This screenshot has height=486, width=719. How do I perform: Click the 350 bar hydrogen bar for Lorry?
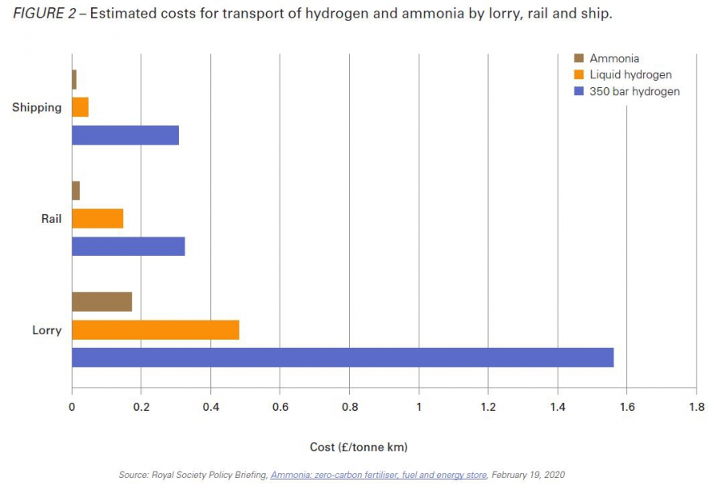tap(342, 357)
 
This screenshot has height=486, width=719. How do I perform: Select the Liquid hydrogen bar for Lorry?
tap(155, 329)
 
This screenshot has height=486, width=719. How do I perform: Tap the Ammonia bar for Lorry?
tap(101, 301)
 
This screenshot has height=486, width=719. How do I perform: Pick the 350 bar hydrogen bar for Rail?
tap(128, 246)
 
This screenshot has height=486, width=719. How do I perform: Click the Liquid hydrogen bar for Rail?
tap(97, 218)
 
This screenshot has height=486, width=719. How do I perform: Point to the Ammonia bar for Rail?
tap(76, 190)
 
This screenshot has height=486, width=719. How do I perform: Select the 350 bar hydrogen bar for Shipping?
tap(125, 135)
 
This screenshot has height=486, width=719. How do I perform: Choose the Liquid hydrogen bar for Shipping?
tap(80, 107)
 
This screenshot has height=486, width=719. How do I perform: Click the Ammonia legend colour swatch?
tap(579, 58)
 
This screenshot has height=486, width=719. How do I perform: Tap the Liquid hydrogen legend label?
tap(630, 75)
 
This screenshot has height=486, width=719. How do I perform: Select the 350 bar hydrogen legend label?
tap(634, 91)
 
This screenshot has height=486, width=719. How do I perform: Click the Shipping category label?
tap(37, 107)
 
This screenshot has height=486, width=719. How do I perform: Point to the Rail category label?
tap(51, 218)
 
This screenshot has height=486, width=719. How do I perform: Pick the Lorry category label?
tap(46, 330)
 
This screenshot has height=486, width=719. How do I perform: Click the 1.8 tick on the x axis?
tap(696, 407)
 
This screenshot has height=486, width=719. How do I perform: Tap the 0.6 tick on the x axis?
tap(280, 407)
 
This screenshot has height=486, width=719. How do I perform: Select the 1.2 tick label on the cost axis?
tap(488, 407)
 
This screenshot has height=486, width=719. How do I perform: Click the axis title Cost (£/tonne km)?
tap(358, 446)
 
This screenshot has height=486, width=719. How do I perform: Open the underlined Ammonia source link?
tap(378, 475)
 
